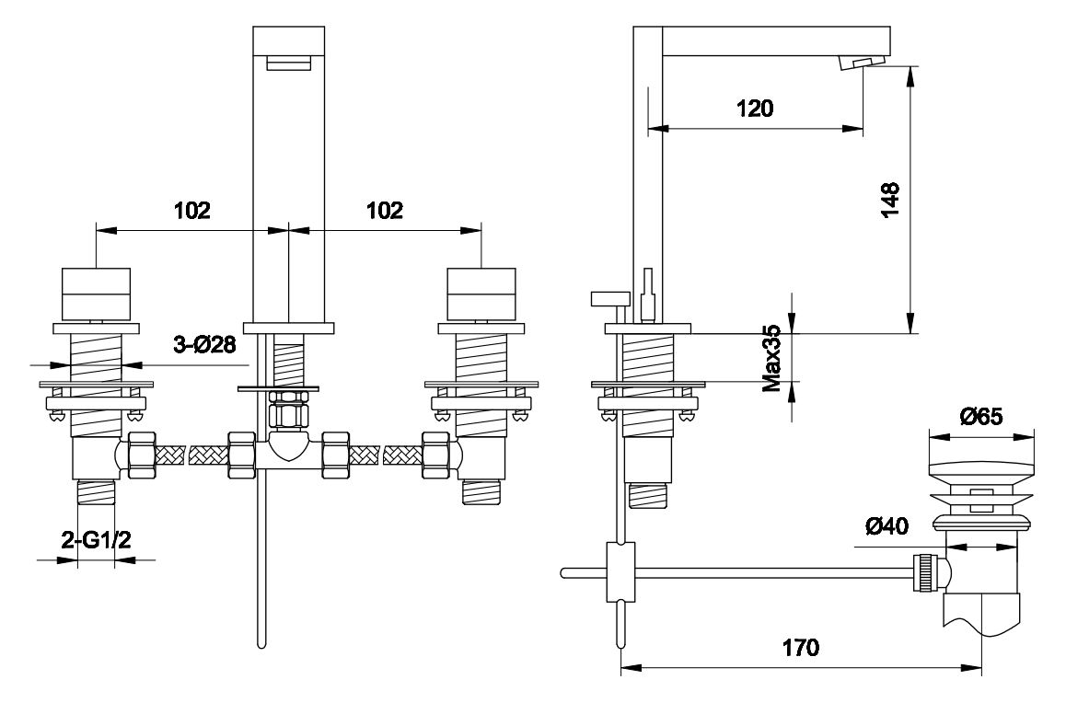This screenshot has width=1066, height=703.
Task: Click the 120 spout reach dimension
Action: (x=754, y=108)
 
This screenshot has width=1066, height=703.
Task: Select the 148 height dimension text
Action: (x=890, y=200)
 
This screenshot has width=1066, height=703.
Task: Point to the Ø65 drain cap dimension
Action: (x=980, y=416)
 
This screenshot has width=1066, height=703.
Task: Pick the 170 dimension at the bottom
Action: (x=801, y=648)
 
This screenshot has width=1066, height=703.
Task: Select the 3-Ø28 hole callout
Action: (x=205, y=346)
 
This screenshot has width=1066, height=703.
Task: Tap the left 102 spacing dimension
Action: (x=192, y=210)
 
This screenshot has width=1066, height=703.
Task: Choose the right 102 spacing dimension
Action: (x=385, y=210)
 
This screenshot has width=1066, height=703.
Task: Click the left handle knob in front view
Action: (x=96, y=292)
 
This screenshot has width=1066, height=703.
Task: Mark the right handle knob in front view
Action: (x=481, y=292)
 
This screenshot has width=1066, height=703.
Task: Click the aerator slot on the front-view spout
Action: (x=288, y=63)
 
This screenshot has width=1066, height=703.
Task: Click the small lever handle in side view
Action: (x=610, y=297)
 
